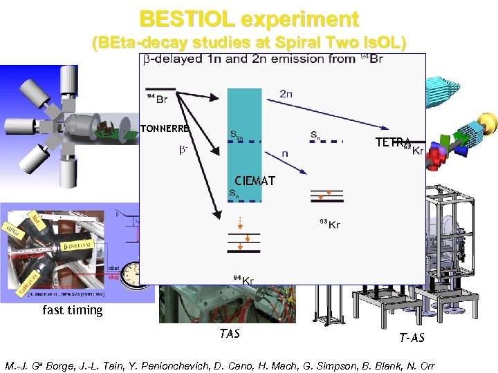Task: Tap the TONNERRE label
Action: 165,128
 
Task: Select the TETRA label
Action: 392,142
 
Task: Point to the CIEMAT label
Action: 254,181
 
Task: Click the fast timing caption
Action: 73,310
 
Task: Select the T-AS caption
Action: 412,338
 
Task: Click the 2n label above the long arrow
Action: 286,94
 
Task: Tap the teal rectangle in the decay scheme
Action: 244,138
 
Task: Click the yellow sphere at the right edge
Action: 488,124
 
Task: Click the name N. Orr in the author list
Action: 420,365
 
